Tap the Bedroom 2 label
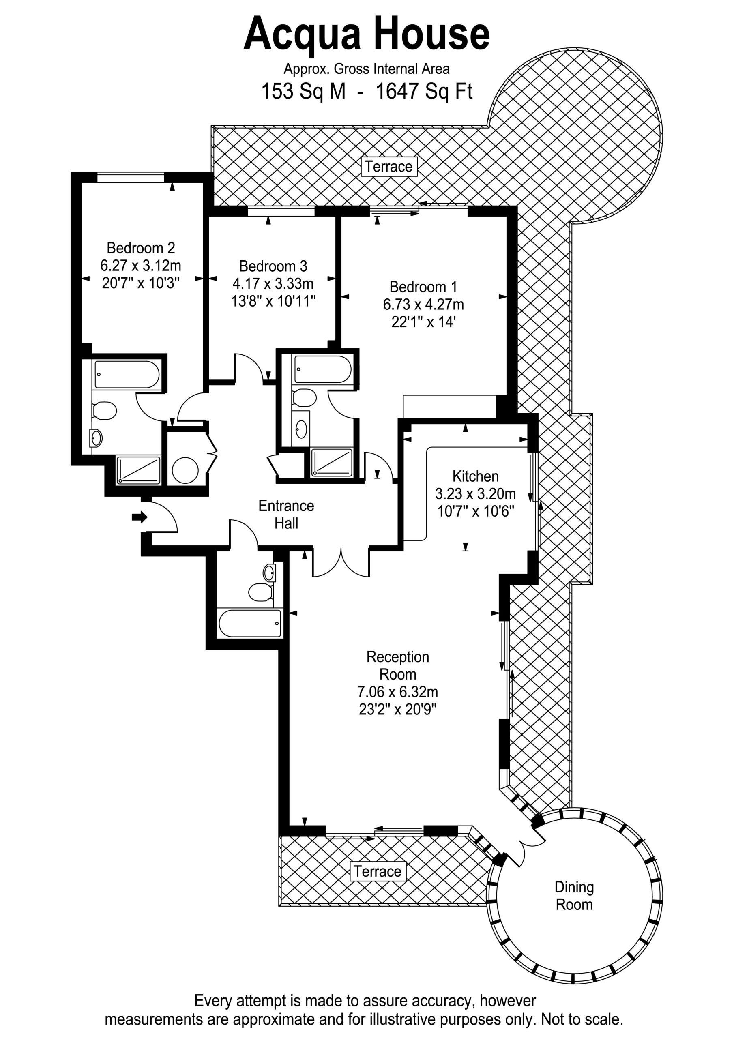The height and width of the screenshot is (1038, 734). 141,248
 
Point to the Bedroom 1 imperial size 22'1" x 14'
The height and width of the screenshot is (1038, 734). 423,322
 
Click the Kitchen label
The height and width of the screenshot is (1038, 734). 475,476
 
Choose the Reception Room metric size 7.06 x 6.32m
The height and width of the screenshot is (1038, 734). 397,692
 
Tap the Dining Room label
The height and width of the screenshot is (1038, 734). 574,896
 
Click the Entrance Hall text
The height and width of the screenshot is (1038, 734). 286,514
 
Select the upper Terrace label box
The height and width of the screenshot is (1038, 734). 388,166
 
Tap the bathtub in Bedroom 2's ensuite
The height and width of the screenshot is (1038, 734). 127,374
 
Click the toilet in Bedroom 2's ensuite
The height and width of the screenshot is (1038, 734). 105,410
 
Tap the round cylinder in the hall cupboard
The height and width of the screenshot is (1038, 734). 185,471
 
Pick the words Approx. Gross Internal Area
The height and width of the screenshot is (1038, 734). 366,69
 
